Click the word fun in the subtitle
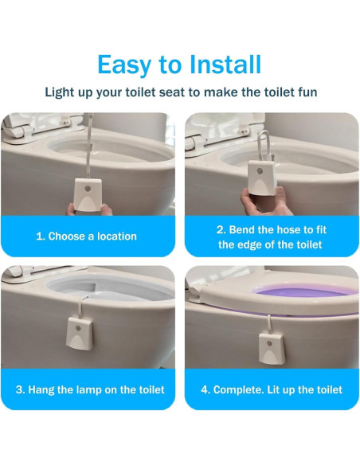[x=306, y=92]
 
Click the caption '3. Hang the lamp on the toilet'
[x=90, y=389]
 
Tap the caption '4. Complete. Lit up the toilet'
[x=272, y=389]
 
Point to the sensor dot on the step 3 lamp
[x=77, y=327]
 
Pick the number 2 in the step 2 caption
[x=221, y=229]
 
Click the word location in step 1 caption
[x=113, y=236]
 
